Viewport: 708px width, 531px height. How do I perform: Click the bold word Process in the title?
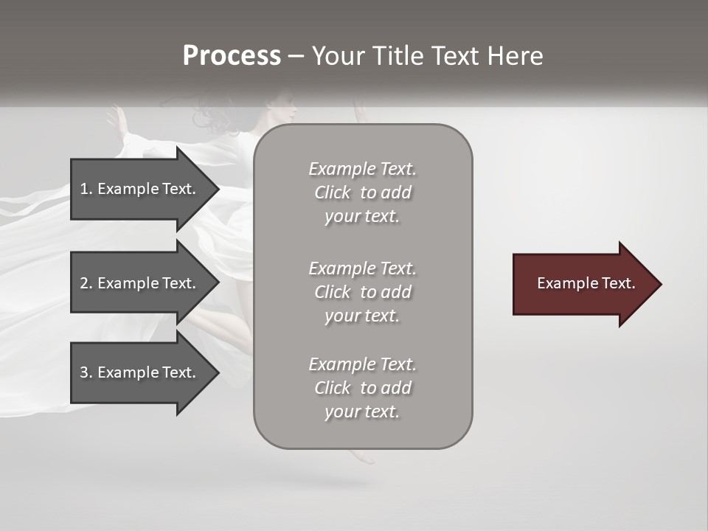tap(232, 56)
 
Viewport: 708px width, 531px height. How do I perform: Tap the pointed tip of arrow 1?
tap(216, 189)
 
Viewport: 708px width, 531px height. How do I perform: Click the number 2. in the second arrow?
tap(86, 283)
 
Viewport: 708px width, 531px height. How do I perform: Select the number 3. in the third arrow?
tap(86, 372)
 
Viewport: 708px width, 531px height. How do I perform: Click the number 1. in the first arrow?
tap(86, 189)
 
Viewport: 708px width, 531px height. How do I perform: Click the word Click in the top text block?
tap(333, 192)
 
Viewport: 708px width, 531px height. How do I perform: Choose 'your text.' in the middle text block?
tap(361, 316)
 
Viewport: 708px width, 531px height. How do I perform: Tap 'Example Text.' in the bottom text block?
tap(362, 364)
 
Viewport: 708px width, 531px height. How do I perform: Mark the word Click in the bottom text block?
tap(333, 388)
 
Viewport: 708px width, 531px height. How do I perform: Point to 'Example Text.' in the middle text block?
tap(362, 268)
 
